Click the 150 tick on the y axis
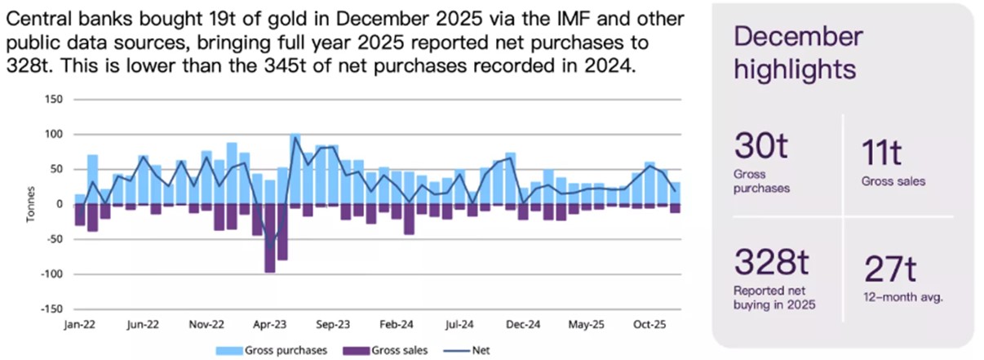pyautogui.click(x=54, y=100)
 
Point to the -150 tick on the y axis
pyautogui.click(x=51, y=309)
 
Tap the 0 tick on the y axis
pyautogui.click(x=60, y=204)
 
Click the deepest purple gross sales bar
pyautogui.click(x=270, y=238)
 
